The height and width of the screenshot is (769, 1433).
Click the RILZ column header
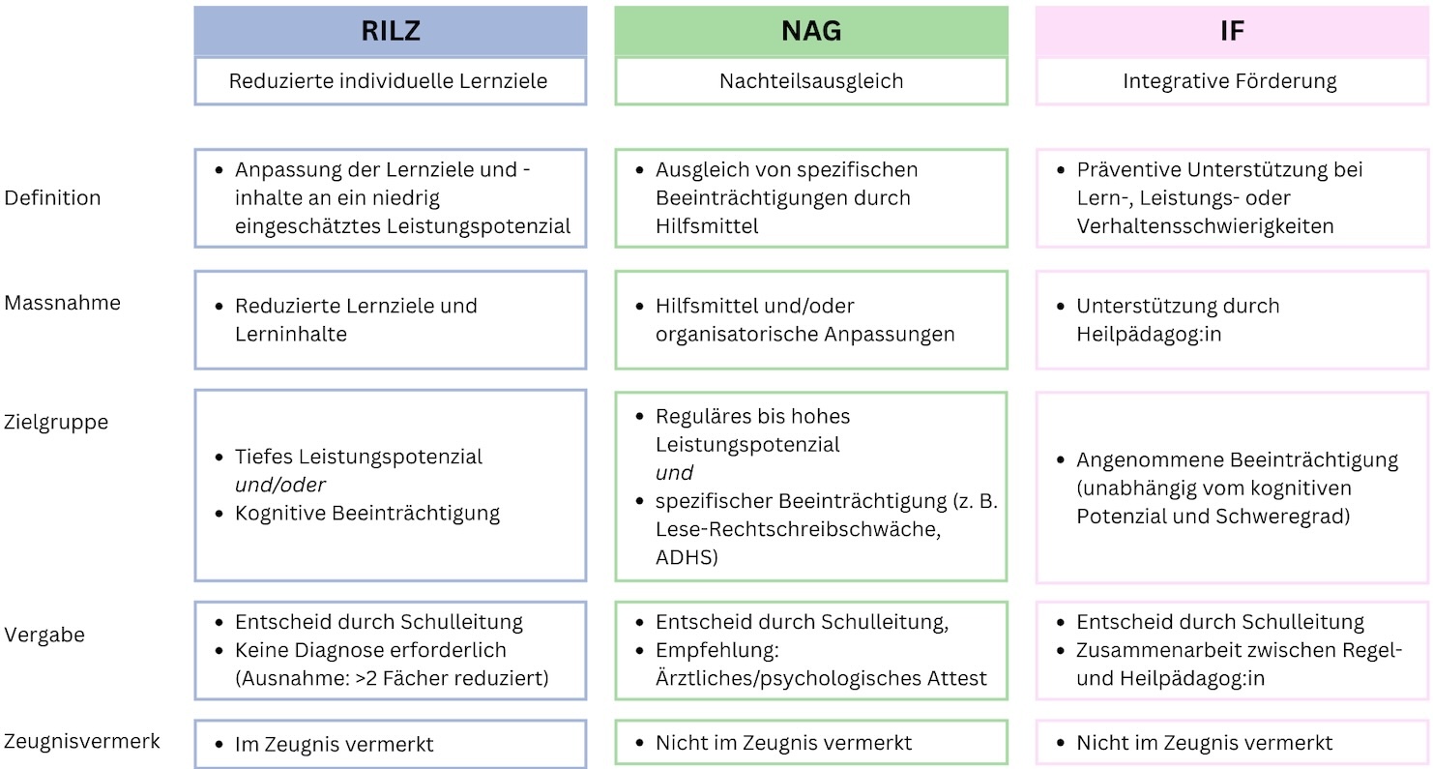pos(390,31)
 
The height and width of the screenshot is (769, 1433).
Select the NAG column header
pos(810,31)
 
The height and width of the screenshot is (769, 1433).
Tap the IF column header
pos(1231,31)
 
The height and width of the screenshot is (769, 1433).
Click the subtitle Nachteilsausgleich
pos(810,81)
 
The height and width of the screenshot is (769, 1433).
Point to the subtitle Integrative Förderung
pos(1230,81)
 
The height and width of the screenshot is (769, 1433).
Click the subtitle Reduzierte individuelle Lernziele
pos(388,81)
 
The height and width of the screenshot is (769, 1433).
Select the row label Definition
pos(53,198)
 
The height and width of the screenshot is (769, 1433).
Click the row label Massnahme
pos(63,303)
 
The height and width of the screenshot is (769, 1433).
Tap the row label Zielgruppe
pos(57,423)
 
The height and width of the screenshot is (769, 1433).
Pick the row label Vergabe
pos(44,636)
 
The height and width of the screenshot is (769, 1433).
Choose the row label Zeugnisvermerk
pos(81,742)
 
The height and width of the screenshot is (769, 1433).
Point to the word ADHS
pos(687,557)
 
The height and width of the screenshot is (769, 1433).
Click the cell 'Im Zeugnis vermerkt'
pos(334,744)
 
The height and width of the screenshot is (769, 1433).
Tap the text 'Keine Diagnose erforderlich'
pos(370,650)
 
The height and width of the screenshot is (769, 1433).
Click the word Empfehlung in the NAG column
pos(716,650)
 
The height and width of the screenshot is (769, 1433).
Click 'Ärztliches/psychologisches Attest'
pos(821,678)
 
